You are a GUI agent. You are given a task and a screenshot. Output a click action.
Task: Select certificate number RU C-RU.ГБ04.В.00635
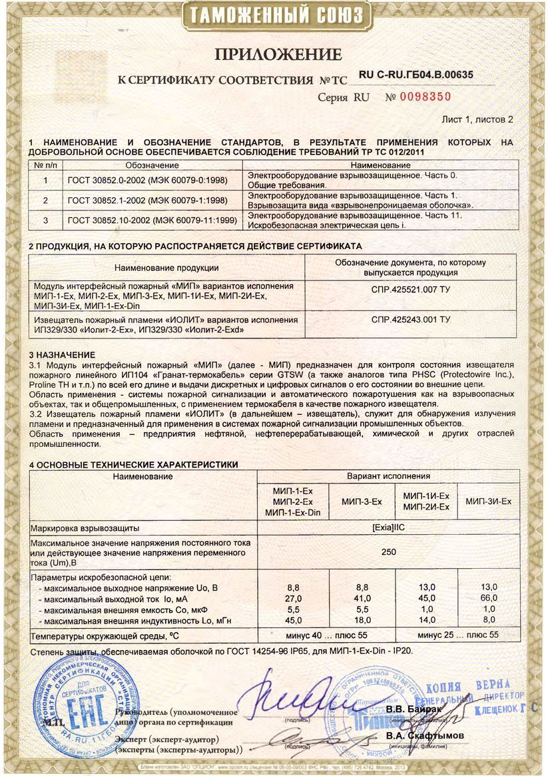pyautogui.click(x=416, y=75)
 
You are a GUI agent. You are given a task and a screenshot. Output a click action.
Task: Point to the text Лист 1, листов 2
pyautogui.click(x=478, y=120)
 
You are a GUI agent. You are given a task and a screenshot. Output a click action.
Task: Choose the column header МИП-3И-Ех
pyautogui.click(x=489, y=501)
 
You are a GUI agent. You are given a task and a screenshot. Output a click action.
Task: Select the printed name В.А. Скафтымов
pyautogui.click(x=425, y=736)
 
